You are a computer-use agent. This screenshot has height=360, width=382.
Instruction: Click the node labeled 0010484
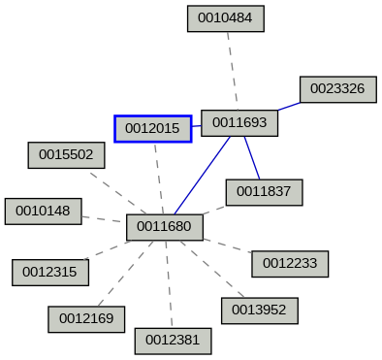pos(225,17)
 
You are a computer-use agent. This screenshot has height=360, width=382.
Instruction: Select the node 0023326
pos(337,88)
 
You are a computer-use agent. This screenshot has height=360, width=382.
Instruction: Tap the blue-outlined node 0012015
pos(152,128)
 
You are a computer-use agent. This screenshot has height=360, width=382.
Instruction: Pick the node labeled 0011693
pos(239,122)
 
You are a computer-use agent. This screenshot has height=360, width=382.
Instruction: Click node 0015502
pos(66,154)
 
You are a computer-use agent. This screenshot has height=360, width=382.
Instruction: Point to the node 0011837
pos(264,192)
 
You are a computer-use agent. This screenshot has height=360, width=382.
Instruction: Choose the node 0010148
pos(43,211)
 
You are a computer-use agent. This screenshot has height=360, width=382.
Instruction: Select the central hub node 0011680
pos(165,228)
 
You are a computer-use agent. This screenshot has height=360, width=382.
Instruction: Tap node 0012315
pos(50,273)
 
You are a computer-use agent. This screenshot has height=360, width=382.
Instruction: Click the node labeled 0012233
pos(290,263)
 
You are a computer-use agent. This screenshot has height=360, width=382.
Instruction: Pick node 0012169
pos(86,318)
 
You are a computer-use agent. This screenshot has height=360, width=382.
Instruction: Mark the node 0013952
pos(259,311)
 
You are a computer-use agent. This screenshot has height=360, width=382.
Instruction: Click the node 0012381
pos(173,341)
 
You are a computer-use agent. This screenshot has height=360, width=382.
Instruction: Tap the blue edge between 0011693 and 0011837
pos(251,157)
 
